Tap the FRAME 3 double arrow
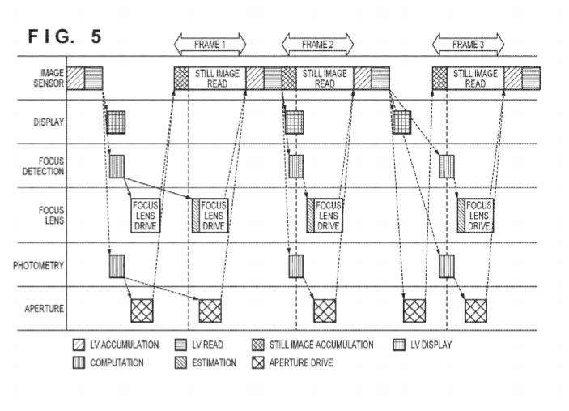pos(469,44)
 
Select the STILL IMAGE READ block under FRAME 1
pos(217,78)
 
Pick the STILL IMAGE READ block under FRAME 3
pos(475,78)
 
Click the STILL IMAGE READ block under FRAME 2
pos(325,78)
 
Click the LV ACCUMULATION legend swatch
pos(79,345)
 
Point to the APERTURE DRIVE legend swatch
pos(258,362)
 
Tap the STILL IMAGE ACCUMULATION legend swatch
pos(258,345)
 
